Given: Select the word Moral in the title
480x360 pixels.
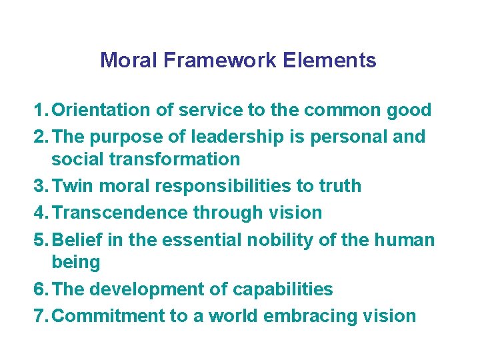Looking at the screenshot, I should [x=129, y=61].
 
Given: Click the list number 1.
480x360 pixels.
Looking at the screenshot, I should [x=39, y=110].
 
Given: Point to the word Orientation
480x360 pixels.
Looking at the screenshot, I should [x=100, y=110].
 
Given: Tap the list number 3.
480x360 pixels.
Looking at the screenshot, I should [x=39, y=186].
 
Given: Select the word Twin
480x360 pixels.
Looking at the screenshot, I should [x=71, y=186].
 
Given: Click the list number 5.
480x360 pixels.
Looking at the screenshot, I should [x=39, y=239].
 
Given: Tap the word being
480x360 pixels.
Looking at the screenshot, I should [x=75, y=262].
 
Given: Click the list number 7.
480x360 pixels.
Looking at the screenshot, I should [x=39, y=315].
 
